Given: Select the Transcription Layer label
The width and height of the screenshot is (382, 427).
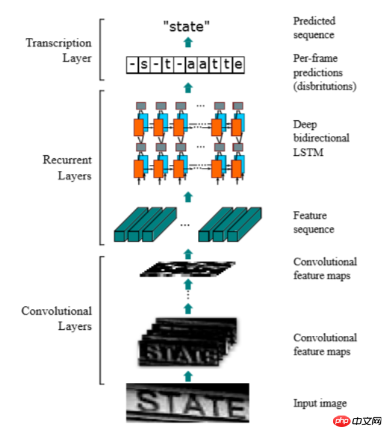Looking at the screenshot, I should point(59,51).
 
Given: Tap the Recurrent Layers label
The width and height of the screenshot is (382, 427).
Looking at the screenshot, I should point(67,167).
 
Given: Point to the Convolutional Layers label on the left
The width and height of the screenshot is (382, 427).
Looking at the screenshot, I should point(57,318).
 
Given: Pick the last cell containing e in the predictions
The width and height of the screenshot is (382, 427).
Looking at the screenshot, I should point(239,64).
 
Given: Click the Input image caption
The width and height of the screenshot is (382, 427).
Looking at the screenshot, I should point(320,403).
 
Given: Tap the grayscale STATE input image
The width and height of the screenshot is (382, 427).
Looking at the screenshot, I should point(187,402).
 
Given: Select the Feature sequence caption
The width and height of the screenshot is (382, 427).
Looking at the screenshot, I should point(313,222).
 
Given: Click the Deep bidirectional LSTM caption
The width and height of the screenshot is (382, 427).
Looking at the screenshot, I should point(321,138).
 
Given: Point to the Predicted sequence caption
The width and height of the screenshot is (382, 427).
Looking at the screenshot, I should point(314,28).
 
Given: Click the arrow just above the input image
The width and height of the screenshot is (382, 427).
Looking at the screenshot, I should point(188,376).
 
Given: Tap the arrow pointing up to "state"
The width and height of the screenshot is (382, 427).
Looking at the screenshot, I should point(188,42).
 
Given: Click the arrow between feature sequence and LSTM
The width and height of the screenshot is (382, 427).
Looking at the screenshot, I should point(188,196).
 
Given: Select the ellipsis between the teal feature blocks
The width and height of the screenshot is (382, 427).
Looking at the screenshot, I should point(185,225).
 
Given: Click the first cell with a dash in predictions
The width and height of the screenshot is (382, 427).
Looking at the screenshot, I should point(132,64).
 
